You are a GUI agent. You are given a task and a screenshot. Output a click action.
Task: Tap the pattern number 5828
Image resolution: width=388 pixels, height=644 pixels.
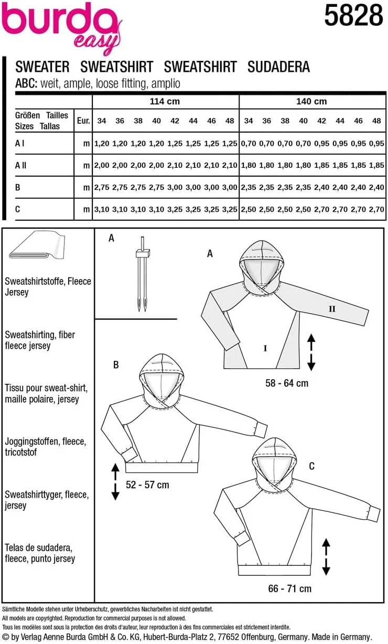pyautogui.click(x=353, y=16)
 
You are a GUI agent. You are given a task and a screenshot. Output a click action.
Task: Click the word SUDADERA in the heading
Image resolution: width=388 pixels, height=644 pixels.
pyautogui.click(x=278, y=67)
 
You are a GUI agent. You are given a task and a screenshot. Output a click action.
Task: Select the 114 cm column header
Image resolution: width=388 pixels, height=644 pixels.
pyautogui.click(x=165, y=101)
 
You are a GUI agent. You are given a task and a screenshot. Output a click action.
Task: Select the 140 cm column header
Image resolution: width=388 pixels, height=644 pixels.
pyautogui.click(x=311, y=101)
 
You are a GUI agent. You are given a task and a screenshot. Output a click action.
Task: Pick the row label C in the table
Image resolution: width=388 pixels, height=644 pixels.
pyautogui.click(x=18, y=209)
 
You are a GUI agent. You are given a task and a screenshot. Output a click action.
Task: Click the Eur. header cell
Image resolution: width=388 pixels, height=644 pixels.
pyautogui.click(x=83, y=121)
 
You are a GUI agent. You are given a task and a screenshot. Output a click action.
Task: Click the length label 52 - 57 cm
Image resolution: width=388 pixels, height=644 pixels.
pyautogui.click(x=148, y=485)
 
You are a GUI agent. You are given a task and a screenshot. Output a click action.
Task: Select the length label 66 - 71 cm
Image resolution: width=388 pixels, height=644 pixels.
pyautogui.click(x=289, y=588)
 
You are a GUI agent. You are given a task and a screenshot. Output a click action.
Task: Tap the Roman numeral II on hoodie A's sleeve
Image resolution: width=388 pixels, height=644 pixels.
pyautogui.click(x=331, y=309)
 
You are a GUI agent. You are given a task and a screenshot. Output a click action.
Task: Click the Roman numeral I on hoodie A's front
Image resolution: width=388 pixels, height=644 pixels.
pyautogui.click(x=265, y=347)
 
